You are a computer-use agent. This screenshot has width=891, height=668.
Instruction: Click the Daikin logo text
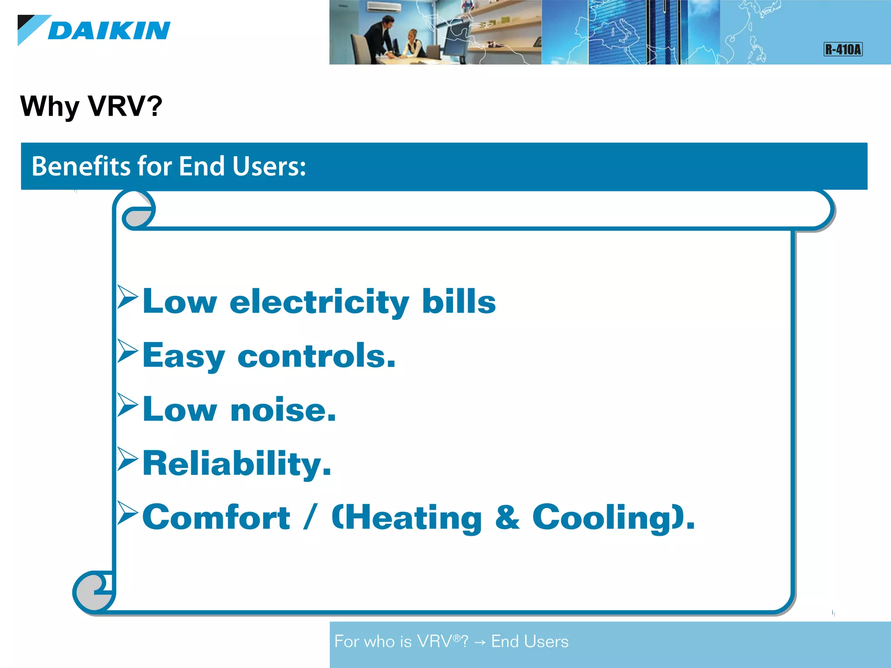[x=109, y=30]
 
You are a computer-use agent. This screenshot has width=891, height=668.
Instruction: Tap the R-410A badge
[x=843, y=49]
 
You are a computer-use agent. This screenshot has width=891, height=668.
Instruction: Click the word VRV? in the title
[x=125, y=106]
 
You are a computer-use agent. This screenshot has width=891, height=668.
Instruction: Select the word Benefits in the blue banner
[x=80, y=166]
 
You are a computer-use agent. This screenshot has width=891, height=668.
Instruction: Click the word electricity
[x=319, y=302]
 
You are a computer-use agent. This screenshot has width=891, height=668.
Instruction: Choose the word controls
[x=316, y=356]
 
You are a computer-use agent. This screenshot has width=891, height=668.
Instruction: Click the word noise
[x=283, y=410]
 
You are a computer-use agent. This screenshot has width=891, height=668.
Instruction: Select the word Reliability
[x=237, y=464]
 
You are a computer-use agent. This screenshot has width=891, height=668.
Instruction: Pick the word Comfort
[x=216, y=518]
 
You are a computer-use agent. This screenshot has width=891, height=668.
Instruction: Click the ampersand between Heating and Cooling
[x=507, y=518]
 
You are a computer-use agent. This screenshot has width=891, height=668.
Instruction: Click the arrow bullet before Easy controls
[x=127, y=351]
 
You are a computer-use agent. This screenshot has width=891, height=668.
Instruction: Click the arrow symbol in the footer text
[x=480, y=642]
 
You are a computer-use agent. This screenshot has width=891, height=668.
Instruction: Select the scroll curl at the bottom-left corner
[x=93, y=592]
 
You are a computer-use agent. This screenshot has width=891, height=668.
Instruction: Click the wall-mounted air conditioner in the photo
[x=382, y=7]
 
